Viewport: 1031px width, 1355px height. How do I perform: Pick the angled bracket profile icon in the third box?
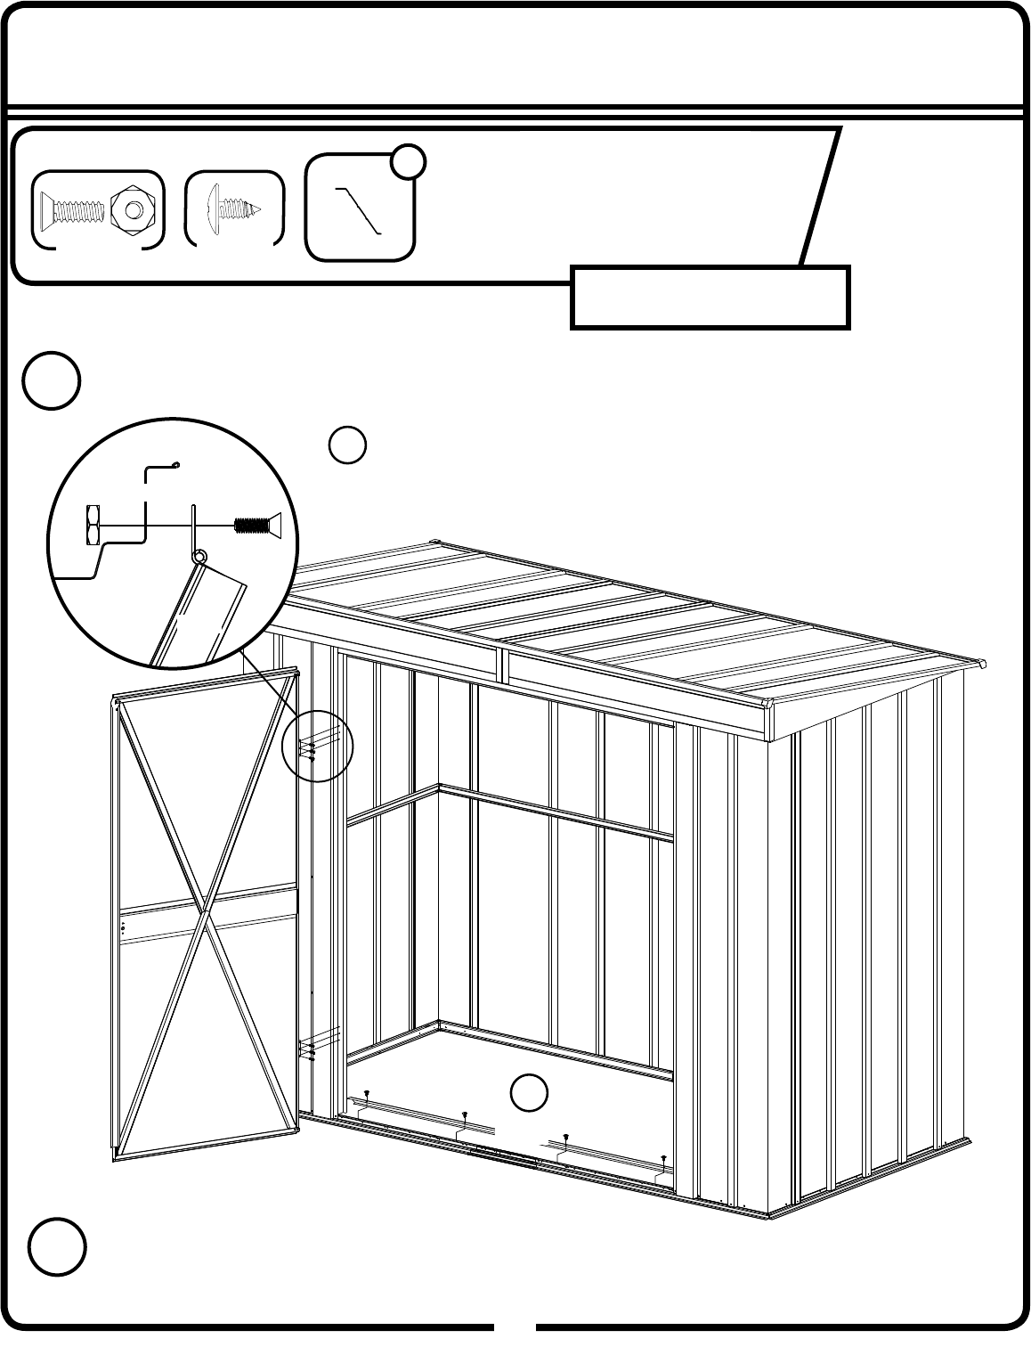pos(360,211)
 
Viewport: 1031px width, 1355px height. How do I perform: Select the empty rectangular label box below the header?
pos(710,297)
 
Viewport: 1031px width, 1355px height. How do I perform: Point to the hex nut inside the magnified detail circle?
pos(91,525)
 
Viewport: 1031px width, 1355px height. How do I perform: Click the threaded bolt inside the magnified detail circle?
pos(256,525)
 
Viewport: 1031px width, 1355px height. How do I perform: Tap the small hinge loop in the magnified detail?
pos(199,557)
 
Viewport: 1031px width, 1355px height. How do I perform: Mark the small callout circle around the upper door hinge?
pos(317,747)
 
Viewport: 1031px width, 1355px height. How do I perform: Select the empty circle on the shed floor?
pos(529,1093)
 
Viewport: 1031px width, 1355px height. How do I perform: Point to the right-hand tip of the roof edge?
pos(983,665)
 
